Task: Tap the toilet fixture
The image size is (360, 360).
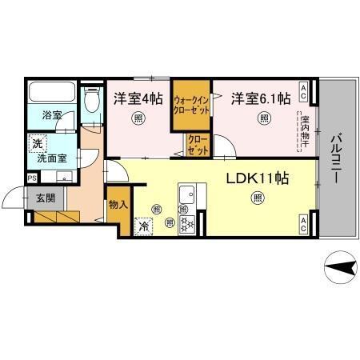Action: tap(92, 103)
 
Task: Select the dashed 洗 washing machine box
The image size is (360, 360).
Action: tap(37, 145)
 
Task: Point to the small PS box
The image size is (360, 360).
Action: tap(32, 178)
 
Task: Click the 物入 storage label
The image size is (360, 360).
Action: tap(118, 205)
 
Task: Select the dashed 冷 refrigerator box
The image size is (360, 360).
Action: tap(142, 226)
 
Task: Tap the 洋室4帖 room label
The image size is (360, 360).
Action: tap(139, 99)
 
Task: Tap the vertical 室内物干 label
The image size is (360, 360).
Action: tap(306, 131)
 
